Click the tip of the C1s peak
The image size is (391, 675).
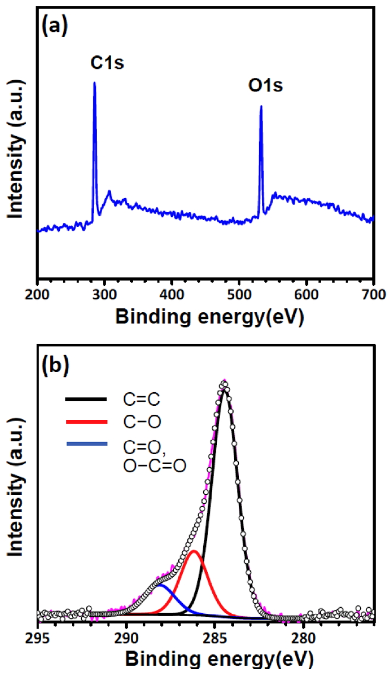click(x=94, y=83)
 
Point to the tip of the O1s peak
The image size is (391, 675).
click(x=261, y=107)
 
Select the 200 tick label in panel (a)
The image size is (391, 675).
click(x=37, y=294)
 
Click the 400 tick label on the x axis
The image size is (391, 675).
click(x=172, y=294)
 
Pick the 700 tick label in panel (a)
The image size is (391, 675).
click(x=373, y=294)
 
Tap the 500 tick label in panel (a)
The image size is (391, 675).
click(x=239, y=294)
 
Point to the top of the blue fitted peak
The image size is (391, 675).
click(x=161, y=585)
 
